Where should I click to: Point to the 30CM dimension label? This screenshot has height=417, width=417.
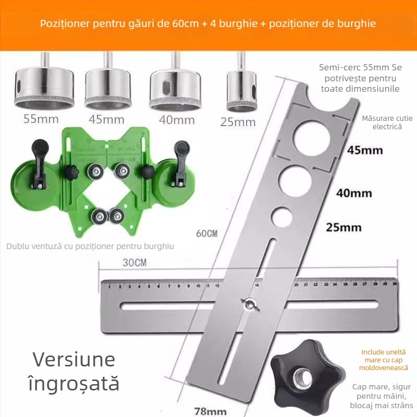coord(134,263)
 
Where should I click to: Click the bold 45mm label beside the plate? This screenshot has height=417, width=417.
coord(365,151)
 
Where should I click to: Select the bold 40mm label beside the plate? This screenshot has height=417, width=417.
coord(354,193)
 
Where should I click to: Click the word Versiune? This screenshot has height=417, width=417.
coord(74,360)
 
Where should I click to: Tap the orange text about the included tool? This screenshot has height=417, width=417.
coord(383,360)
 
